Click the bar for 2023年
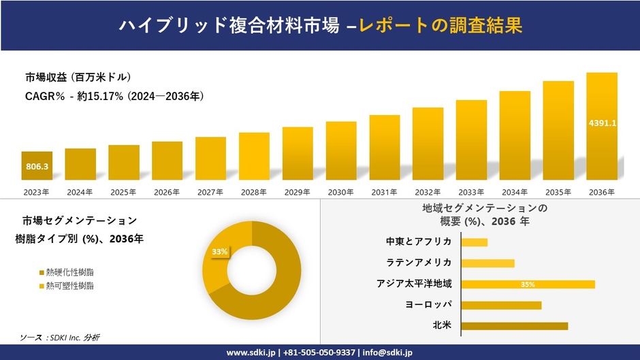point(36,165)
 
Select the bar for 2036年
point(602,126)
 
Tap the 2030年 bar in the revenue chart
point(341,150)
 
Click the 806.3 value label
point(36,165)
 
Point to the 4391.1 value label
point(602,123)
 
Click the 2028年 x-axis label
point(254,193)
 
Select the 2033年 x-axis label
point(471,193)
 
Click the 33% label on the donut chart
point(220,252)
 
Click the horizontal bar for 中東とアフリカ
point(475,242)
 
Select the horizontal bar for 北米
point(514,326)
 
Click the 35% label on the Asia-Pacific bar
point(528,284)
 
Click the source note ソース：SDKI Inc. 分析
point(60,338)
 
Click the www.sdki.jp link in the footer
point(251,353)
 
